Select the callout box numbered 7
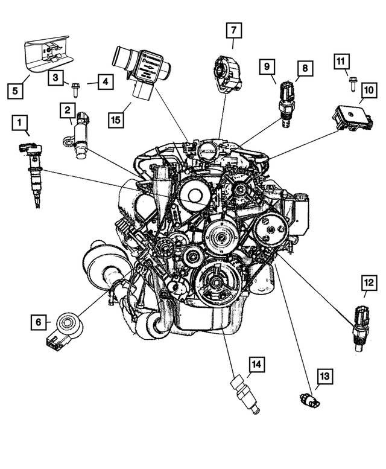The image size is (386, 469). pyautogui.click(x=234, y=29)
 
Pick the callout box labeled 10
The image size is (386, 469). pyautogui.click(x=367, y=91)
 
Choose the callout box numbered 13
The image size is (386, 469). pyautogui.click(x=324, y=377)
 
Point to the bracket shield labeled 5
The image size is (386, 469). pyautogui.click(x=48, y=56)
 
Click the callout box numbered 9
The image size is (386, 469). pyautogui.click(x=268, y=68)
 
